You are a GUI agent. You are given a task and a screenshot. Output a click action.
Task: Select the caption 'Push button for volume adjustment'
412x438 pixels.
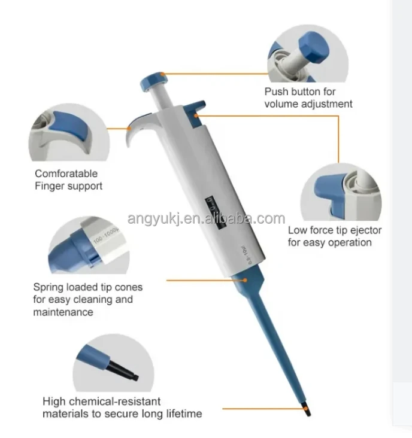(308, 98)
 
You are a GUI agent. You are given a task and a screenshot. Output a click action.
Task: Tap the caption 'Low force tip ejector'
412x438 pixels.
(335, 230)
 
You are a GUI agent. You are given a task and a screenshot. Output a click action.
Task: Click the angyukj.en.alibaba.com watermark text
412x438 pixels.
(206, 218)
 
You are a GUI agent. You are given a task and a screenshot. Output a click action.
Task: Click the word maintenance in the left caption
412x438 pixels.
(63, 312)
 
